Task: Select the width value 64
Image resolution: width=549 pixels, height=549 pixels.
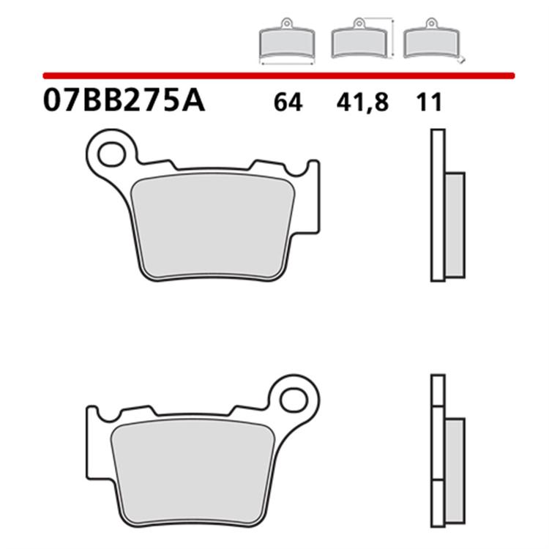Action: pos(288,103)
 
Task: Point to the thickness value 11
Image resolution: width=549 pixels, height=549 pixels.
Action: pos(430,103)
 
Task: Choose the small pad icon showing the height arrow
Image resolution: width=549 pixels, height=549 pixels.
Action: pos(358,42)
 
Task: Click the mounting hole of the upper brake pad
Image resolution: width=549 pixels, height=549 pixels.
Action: pos(111,154)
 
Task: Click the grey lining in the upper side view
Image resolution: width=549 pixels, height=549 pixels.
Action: pos(455,225)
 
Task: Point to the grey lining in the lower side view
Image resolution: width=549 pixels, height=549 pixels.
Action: pos(455,469)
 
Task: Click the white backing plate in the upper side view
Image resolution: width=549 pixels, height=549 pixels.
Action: pos(438,205)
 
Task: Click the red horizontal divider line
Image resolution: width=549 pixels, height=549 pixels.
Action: pos(278,75)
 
